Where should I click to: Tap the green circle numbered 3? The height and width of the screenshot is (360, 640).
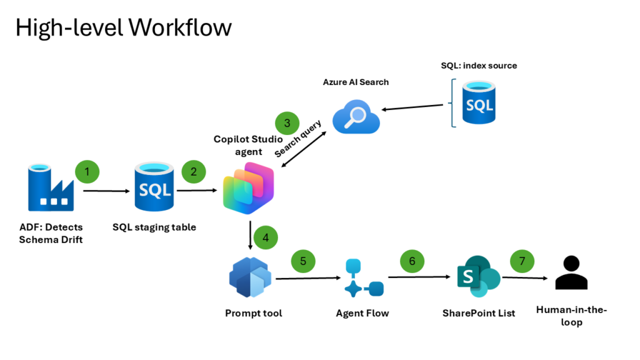287,123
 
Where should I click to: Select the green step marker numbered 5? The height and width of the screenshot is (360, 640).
303,261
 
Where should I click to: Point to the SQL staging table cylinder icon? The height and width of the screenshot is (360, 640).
153,187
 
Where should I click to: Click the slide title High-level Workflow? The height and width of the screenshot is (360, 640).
124,27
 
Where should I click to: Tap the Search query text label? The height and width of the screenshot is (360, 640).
299,139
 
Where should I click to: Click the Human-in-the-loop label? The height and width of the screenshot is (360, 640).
571,316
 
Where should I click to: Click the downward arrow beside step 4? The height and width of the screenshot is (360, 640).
251,234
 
